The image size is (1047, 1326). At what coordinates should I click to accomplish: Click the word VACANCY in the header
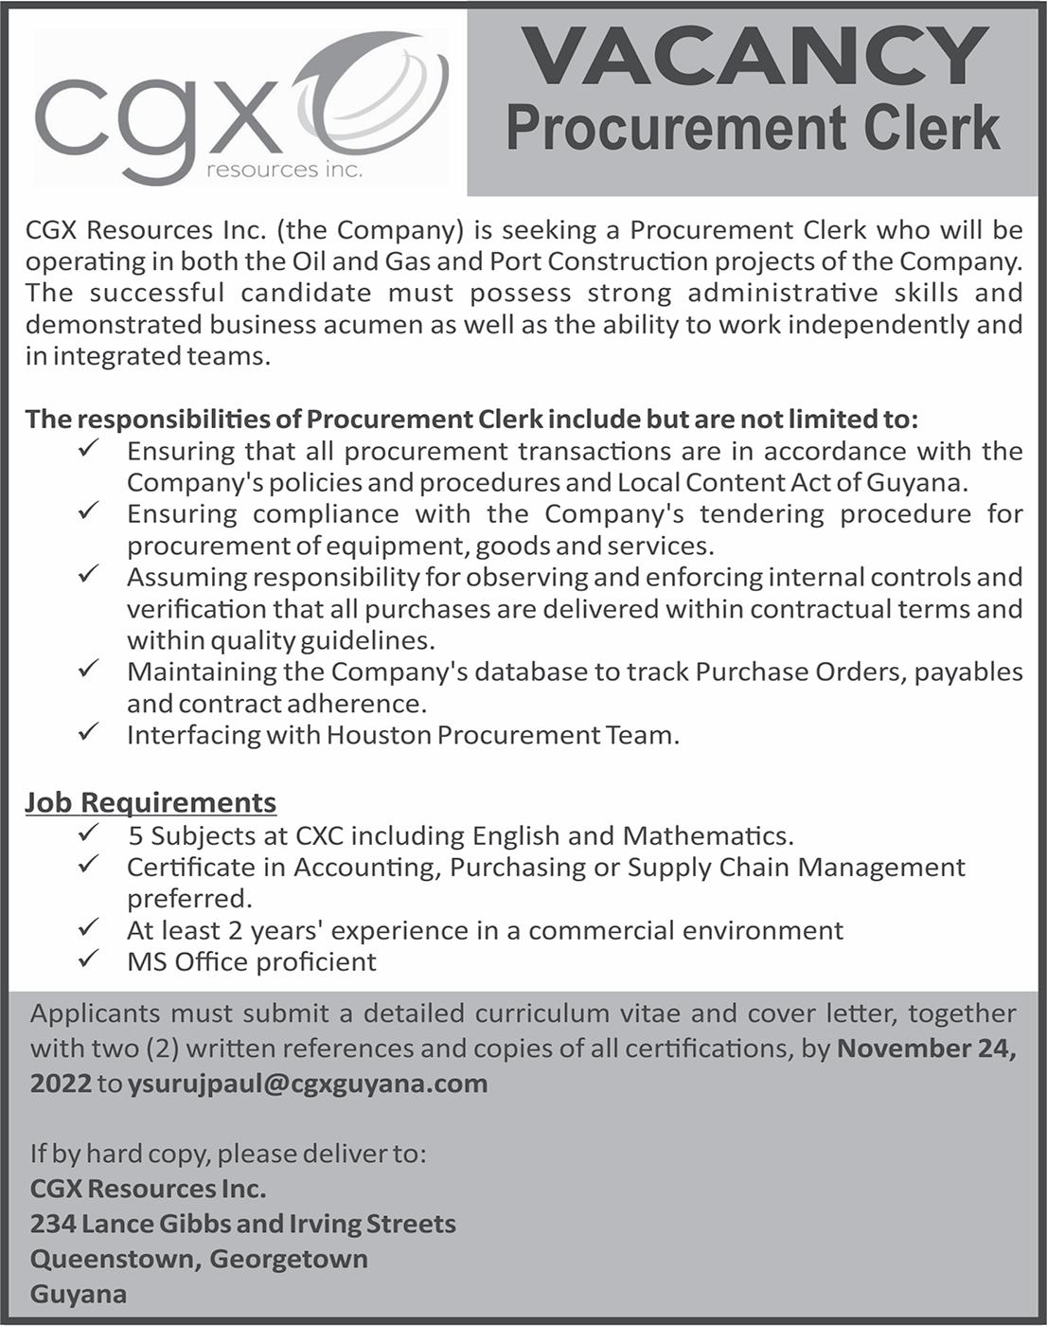754,56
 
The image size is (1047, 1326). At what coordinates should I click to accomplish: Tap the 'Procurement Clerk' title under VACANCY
753,129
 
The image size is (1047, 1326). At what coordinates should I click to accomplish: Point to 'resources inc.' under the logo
283,170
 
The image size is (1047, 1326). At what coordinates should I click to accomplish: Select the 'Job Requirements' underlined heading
151,803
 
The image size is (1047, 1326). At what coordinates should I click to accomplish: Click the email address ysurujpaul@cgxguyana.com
308,1084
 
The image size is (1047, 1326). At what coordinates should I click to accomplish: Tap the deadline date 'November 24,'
927,1048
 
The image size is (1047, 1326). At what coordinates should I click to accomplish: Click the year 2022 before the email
61,1084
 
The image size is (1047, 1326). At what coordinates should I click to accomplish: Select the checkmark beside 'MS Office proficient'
88,959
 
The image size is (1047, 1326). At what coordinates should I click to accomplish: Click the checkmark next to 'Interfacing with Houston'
88,732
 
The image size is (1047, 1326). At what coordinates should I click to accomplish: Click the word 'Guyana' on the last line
78,1294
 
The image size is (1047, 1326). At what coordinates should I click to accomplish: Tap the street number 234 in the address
52,1224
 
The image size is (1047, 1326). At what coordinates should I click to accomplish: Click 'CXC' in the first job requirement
319,836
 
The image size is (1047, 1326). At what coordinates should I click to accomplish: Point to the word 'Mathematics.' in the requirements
707,836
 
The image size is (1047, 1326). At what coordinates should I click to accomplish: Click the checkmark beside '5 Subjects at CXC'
88,833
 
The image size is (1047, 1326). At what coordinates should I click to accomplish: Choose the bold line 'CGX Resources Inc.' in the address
148,1189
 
